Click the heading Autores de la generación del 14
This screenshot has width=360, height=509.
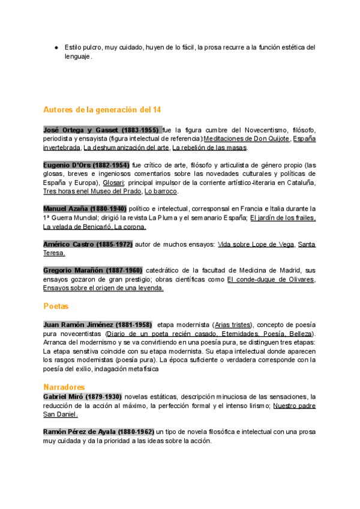[102, 110]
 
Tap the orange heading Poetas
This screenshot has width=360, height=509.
[56, 306]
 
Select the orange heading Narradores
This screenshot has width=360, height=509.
[64, 387]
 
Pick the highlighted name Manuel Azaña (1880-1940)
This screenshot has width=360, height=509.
[85, 209]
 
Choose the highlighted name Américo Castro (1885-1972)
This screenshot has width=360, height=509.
[87, 244]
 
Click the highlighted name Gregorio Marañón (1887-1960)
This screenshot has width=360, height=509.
[93, 271]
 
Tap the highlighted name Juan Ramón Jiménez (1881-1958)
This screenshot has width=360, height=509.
[98, 325]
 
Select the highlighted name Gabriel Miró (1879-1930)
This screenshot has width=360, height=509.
[83, 397]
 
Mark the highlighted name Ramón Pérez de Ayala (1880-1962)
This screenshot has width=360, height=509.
[99, 432]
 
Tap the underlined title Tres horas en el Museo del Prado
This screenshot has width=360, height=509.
[92, 191]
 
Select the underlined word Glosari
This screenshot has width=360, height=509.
[113, 182]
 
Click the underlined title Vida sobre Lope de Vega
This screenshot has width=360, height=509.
[256, 244]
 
